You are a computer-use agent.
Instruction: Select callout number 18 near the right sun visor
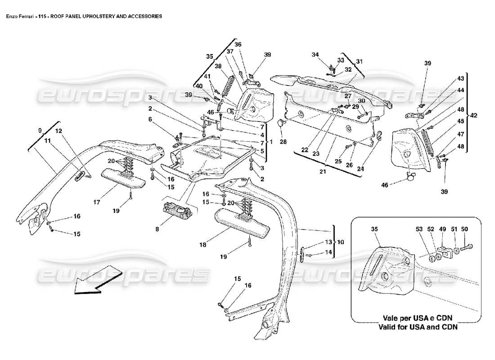(203, 245)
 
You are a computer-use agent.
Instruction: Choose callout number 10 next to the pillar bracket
(341, 242)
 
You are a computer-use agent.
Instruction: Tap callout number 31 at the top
(359, 62)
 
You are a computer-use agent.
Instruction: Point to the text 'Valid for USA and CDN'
(418, 327)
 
